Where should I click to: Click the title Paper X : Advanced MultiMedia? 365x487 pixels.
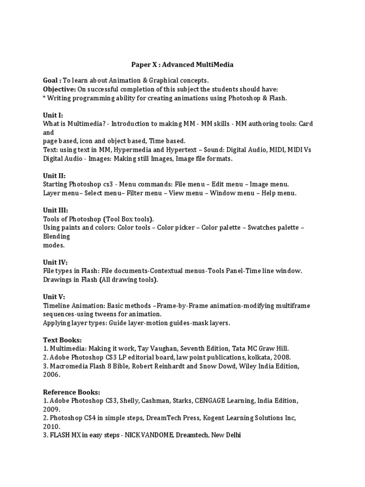click(x=182, y=64)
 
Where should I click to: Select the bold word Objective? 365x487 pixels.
click(x=59, y=89)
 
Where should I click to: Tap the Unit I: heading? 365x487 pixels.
click(x=53, y=115)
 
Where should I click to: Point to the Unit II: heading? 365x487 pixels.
click(x=54, y=175)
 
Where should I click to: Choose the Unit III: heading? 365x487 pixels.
click(x=56, y=210)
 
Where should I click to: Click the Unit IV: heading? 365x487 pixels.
click(x=55, y=262)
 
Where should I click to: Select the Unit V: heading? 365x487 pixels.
click(x=54, y=297)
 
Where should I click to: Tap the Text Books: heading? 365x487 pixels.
click(x=62, y=340)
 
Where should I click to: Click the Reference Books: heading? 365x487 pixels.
click(x=71, y=392)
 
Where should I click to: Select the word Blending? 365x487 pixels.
click(x=57, y=236)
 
